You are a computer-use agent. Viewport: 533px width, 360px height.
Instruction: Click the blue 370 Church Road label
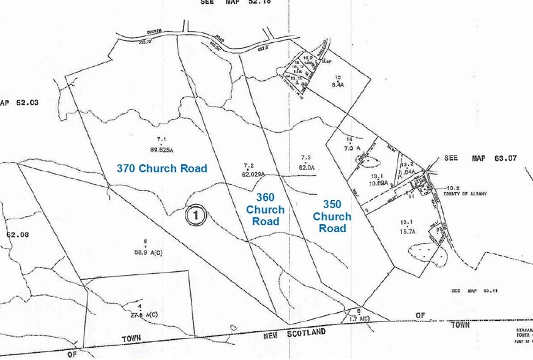pyautogui.click(x=162, y=168)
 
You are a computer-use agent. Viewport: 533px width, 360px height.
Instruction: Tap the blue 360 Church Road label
pyautogui.click(x=265, y=209)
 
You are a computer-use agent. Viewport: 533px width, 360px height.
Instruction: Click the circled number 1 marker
pyautogui.click(x=195, y=215)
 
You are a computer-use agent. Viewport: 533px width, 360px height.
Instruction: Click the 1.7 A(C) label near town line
pyautogui.click(x=359, y=319)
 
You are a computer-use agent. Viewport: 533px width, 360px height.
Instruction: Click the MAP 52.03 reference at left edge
pyautogui.click(x=19, y=102)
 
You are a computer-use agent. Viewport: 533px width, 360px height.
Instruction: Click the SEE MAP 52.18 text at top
pyautogui.click(x=235, y=2)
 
